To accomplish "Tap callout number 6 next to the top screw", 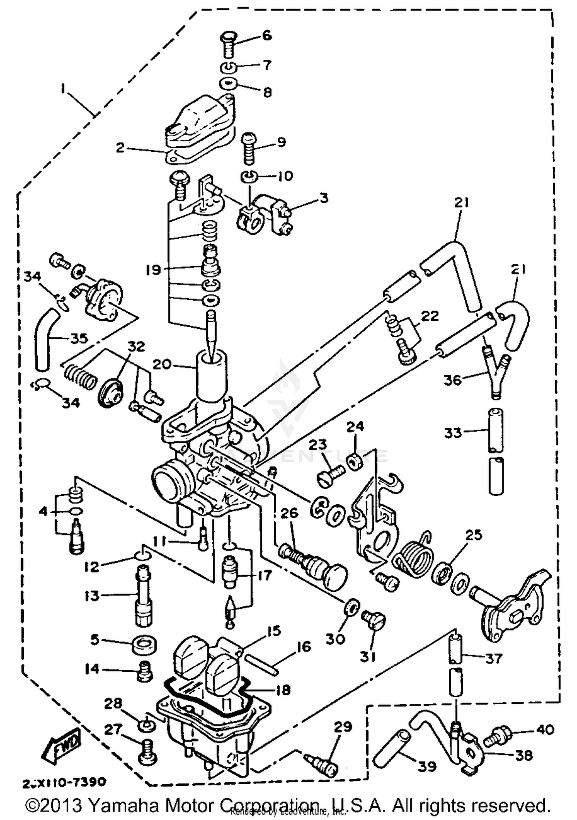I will [x=267, y=35].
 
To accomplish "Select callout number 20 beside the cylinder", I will [x=161, y=363].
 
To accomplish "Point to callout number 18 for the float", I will [x=283, y=689].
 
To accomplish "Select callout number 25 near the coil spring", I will [x=474, y=536].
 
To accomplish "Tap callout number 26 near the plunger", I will [x=289, y=513].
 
